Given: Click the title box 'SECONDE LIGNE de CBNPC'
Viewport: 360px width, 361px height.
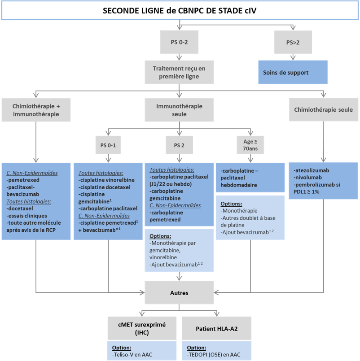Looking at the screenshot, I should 180,10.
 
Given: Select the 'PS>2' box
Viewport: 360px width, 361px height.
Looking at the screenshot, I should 294,42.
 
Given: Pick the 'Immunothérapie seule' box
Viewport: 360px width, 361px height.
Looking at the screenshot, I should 180,110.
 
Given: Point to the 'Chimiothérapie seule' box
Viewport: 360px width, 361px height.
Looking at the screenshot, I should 323,110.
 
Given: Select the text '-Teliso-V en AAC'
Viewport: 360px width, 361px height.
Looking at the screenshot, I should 132,354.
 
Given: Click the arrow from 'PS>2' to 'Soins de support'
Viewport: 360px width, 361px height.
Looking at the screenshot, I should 294,57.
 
